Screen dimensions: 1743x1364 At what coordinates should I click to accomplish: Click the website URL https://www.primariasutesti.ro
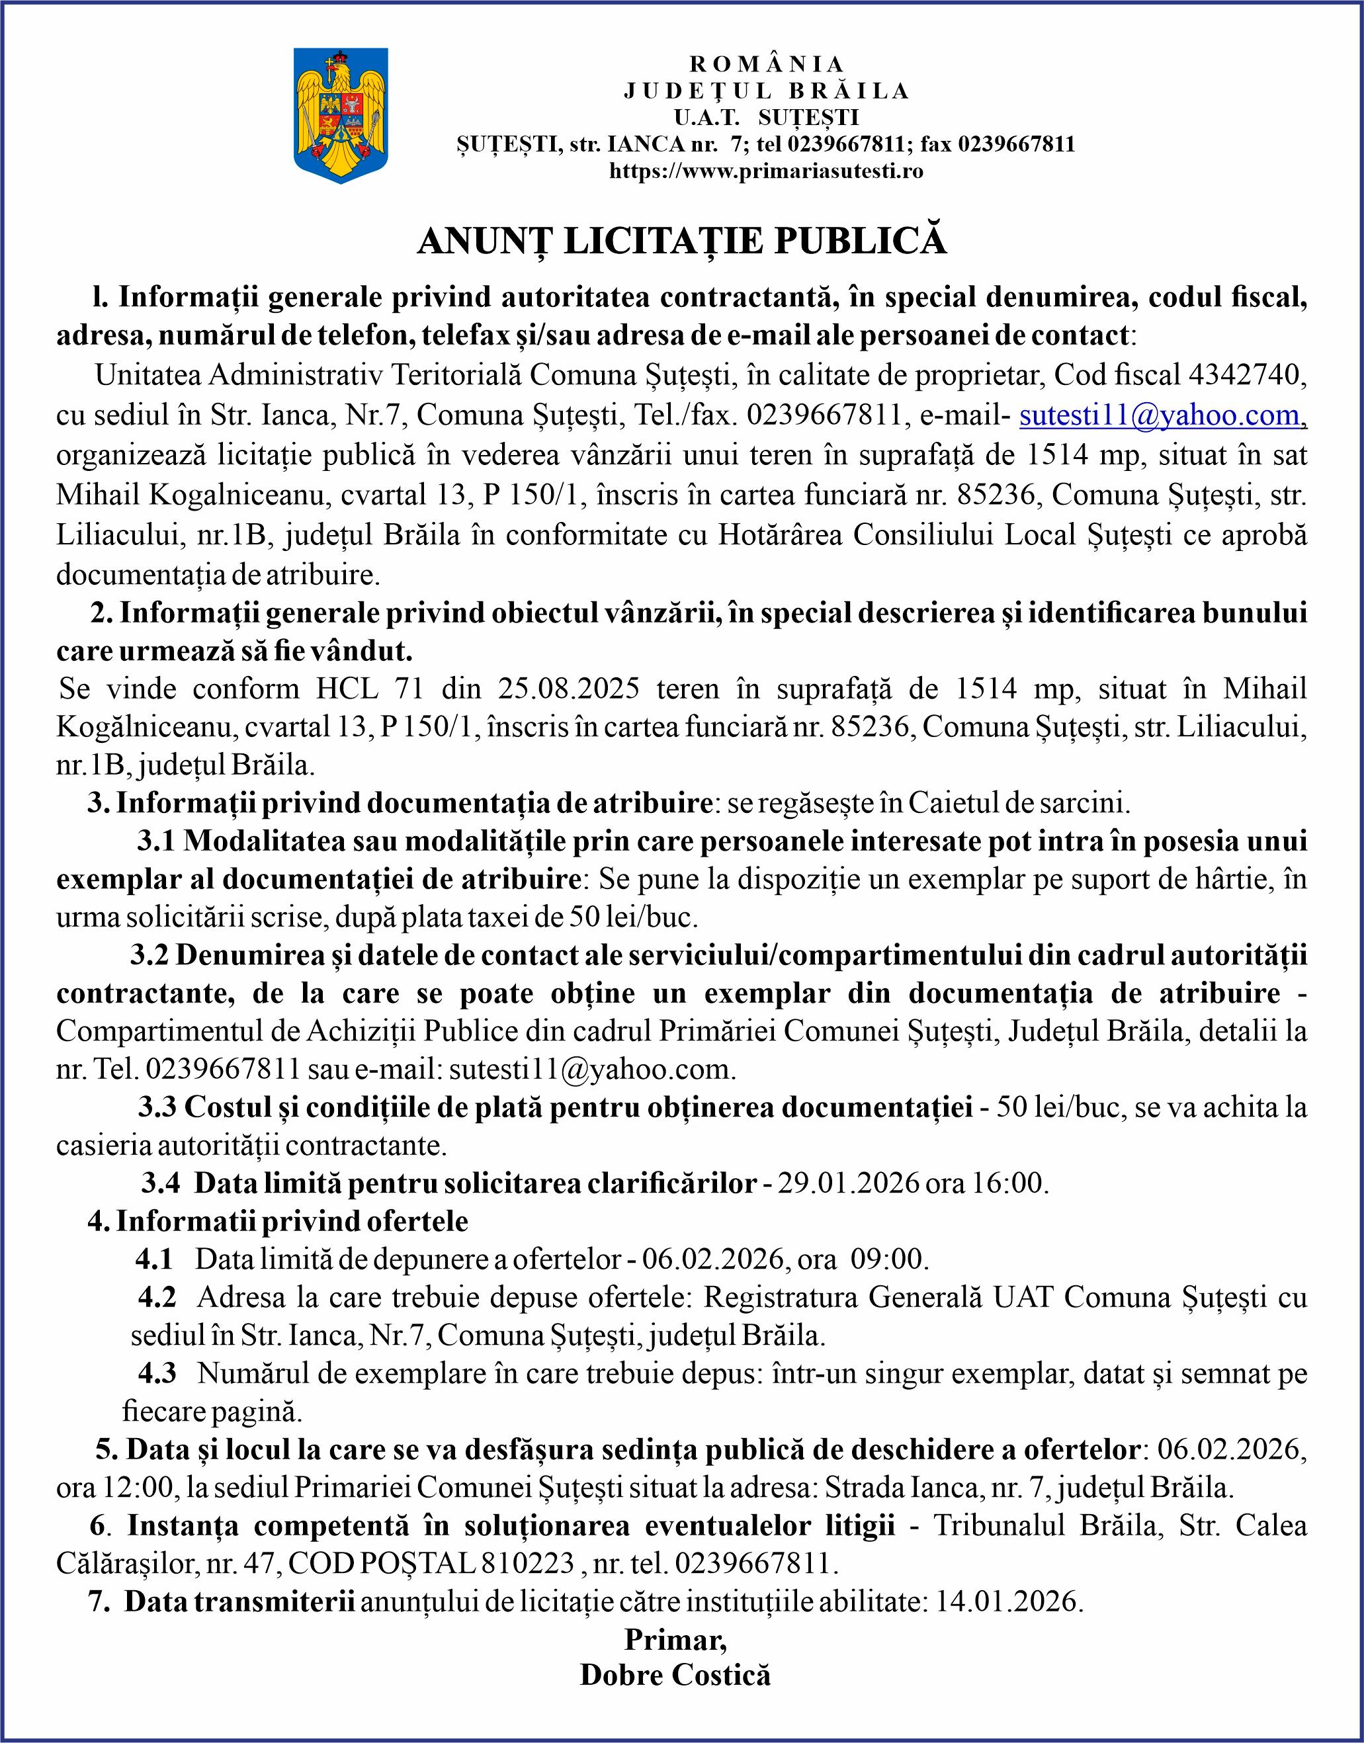coord(766,171)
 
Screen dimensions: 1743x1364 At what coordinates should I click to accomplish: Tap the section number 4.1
coord(154,1260)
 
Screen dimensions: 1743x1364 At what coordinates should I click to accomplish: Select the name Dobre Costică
coord(675,1674)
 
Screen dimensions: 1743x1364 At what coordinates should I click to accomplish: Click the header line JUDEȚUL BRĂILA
coord(766,91)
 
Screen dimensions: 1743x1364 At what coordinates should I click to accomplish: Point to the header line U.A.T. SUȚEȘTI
coord(766,118)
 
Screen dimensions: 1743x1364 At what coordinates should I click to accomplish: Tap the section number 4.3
coord(157,1373)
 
